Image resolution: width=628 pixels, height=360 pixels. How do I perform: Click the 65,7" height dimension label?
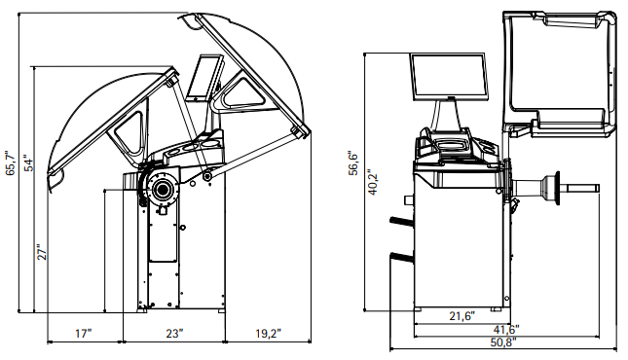point(11,163)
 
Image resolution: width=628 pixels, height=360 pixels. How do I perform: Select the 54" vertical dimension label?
point(29,163)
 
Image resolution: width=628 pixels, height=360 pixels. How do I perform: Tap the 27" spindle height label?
point(42,252)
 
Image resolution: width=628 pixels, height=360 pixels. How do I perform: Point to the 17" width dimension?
point(84,333)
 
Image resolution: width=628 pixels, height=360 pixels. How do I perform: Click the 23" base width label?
point(174,333)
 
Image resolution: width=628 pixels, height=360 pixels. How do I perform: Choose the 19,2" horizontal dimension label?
point(269,333)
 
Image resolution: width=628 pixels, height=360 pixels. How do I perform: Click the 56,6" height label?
point(352,163)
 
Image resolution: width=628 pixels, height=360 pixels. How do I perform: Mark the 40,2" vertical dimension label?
point(373,182)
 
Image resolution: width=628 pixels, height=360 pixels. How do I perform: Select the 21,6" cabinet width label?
point(462,316)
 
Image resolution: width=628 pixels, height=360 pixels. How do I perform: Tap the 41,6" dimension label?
point(506,330)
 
